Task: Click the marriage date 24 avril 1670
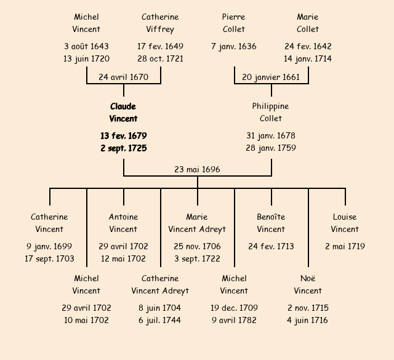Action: pyautogui.click(x=123, y=77)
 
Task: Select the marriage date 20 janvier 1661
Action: pyautogui.click(x=271, y=77)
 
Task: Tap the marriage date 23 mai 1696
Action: pyautogui.click(x=197, y=169)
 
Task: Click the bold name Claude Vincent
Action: pyautogui.click(x=123, y=113)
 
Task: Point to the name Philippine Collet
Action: pyautogui.click(x=270, y=113)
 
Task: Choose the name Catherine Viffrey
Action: pyautogui.click(x=160, y=23)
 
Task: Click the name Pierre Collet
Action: pyautogui.click(x=233, y=23)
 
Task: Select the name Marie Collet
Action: pyautogui.click(x=308, y=23)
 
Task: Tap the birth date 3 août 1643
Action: pyautogui.click(x=86, y=46)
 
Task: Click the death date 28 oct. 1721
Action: pyautogui.click(x=160, y=59)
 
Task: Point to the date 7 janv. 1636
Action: pyautogui.click(x=233, y=46)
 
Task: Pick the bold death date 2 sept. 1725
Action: pyautogui.click(x=123, y=148)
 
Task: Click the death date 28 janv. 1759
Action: pyautogui.click(x=271, y=148)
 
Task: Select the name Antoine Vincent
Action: pyautogui.click(x=123, y=223)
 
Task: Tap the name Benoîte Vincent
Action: pyautogui.click(x=271, y=223)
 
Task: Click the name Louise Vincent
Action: pyautogui.click(x=345, y=223)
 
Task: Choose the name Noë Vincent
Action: pyautogui.click(x=308, y=284)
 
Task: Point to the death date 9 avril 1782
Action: pyautogui.click(x=234, y=320)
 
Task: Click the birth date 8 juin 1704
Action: pyautogui.click(x=160, y=308)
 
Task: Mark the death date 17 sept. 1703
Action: pyautogui.click(x=49, y=259)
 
